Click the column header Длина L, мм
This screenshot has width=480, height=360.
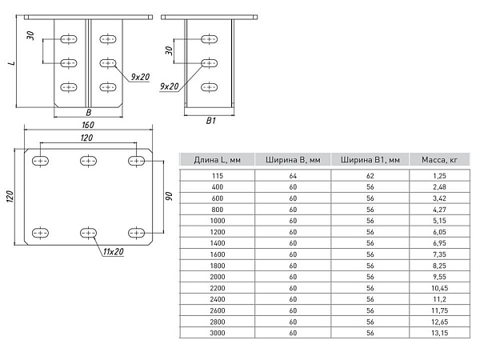217,160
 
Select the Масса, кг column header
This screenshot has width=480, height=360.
439,160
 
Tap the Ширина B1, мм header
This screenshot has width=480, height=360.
370,160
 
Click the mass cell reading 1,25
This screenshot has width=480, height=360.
439,176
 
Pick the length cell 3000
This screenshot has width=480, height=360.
218,333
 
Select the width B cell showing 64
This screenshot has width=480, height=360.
293,176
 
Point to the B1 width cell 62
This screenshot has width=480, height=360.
370,176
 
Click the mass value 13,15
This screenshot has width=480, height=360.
439,333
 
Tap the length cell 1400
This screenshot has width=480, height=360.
218,243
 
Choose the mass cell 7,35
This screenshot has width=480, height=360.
439,254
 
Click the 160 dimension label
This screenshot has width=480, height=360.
88,125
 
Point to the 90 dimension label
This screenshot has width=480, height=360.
169,196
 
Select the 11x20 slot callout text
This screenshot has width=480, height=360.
114,252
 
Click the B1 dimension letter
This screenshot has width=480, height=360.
211,121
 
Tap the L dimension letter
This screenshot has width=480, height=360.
12,63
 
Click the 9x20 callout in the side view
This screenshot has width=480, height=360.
170,86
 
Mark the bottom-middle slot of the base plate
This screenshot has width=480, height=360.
88,234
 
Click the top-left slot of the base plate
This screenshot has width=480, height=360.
40,161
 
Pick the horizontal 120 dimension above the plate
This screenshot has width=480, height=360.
86,138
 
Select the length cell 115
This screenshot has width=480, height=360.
218,176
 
